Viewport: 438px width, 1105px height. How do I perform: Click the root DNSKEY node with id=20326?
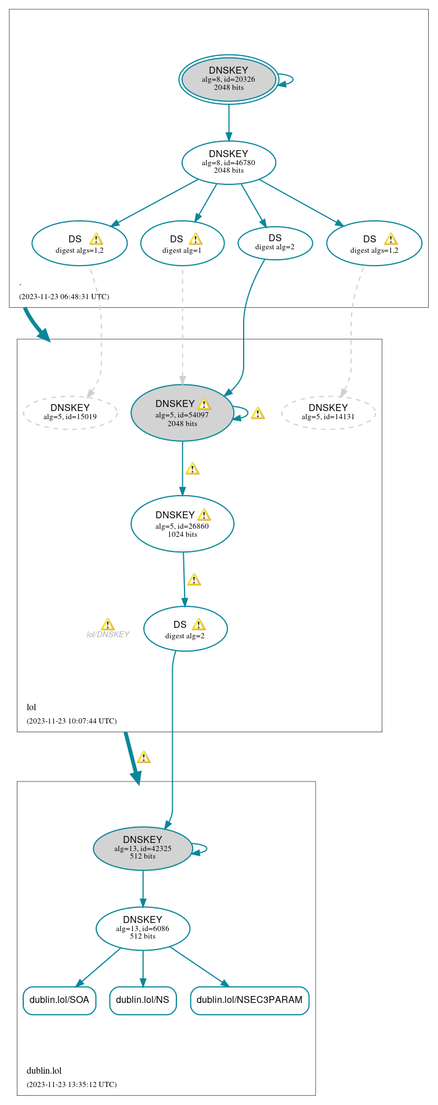point(229,79)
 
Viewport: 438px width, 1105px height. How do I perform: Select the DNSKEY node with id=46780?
point(229,162)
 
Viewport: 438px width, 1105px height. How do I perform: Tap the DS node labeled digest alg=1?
point(182,243)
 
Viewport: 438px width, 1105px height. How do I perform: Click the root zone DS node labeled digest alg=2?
point(275,243)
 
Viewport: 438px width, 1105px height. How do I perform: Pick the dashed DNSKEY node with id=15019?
point(70,412)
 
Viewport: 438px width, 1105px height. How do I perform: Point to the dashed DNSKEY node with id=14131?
point(328,412)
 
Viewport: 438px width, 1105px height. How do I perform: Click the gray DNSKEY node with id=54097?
point(182,413)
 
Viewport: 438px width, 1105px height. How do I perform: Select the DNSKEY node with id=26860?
point(182,524)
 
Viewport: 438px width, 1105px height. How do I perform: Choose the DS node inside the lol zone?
point(185,629)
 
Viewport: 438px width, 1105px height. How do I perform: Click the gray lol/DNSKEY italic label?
point(108,634)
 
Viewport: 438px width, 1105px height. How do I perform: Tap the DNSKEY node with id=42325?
point(143,848)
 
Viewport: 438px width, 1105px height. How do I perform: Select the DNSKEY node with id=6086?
point(143,928)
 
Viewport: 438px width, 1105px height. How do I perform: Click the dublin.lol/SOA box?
point(59,1000)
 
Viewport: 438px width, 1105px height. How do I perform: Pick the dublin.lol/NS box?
point(143,1000)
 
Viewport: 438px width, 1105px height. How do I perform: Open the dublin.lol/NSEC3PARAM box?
point(249,1000)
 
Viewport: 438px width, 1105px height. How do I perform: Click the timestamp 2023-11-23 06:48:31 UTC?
point(64,296)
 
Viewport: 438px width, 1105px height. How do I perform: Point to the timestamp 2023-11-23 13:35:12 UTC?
point(71,1084)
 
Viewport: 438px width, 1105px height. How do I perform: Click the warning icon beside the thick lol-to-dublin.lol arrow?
point(144,757)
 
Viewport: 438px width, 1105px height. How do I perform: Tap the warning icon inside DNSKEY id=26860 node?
point(204,515)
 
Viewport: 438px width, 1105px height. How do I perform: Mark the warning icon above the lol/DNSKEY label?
point(108,624)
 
